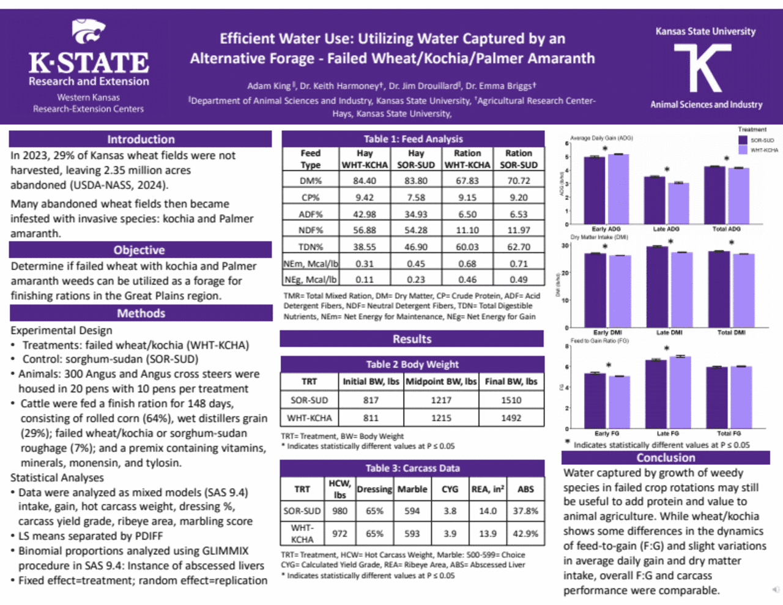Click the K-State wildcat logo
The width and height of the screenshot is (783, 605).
click(x=89, y=31)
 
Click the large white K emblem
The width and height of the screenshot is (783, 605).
click(x=706, y=68)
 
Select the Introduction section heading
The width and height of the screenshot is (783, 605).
click(x=141, y=139)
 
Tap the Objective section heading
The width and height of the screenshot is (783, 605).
click(x=139, y=250)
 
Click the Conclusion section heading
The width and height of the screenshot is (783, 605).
click(x=666, y=458)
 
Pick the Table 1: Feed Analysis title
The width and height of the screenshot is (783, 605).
click(x=413, y=139)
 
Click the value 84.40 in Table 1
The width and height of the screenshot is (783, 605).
click(x=365, y=181)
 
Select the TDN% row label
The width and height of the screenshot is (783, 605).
click(x=311, y=247)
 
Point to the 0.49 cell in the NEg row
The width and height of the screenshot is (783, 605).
click(x=518, y=280)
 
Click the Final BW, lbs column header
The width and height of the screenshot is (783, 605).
click(x=511, y=381)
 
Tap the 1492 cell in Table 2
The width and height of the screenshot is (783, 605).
click(x=511, y=418)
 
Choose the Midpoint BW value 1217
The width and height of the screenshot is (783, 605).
click(x=440, y=400)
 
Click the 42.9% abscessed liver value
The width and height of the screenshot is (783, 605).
click(x=525, y=533)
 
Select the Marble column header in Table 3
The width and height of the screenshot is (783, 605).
click(x=412, y=489)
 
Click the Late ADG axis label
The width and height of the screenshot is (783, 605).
click(x=666, y=229)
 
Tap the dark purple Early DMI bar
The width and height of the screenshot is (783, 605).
click(x=595, y=290)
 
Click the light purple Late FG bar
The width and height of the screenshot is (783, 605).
click(x=680, y=392)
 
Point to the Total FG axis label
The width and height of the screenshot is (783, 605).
click(x=728, y=433)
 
